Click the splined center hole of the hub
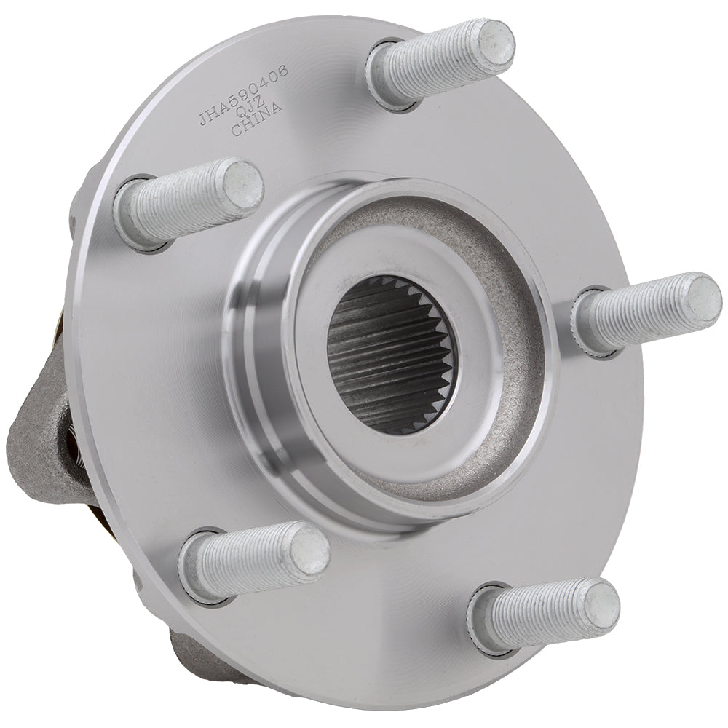(x=391, y=355)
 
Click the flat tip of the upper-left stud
(x=242, y=181)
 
